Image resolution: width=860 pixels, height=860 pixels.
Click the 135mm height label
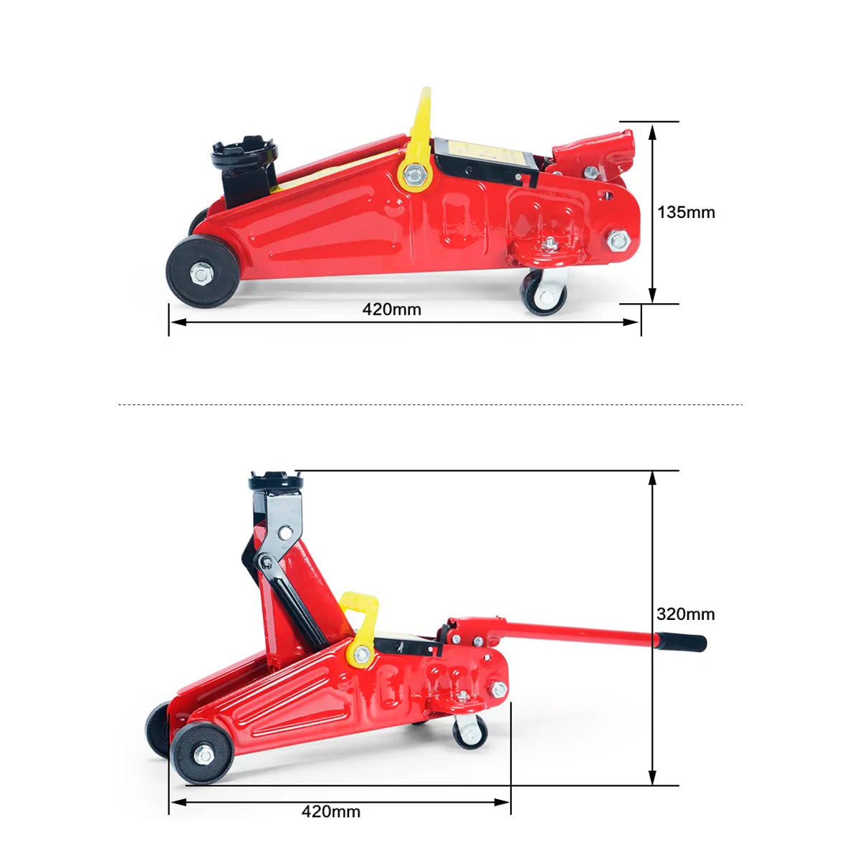click(x=686, y=212)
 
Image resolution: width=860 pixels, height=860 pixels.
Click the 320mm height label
click(x=686, y=614)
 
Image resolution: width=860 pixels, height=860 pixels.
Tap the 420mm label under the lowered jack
click(x=391, y=310)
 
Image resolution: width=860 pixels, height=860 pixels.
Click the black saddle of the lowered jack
click(x=244, y=153)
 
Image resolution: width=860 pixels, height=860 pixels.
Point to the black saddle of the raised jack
click(x=276, y=480)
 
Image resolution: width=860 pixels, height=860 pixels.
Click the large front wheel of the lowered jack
click(x=203, y=272)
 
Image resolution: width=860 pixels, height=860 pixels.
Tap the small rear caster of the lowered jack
click(x=543, y=295)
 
